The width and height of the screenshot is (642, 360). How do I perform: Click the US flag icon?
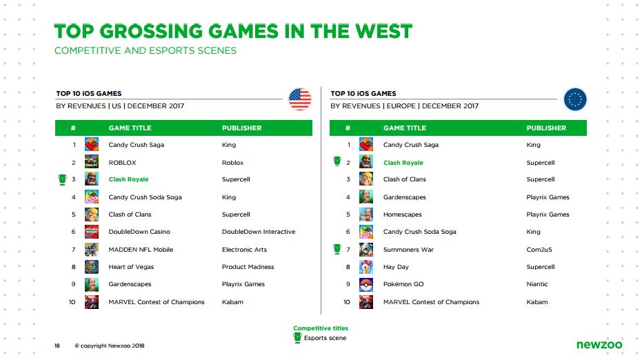[x=300, y=99]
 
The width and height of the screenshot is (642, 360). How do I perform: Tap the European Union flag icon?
[x=575, y=99]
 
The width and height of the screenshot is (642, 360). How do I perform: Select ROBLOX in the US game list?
[x=122, y=163]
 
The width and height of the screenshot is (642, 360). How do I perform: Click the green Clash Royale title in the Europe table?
[x=403, y=163]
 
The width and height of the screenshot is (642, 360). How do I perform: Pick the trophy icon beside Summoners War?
[x=337, y=248]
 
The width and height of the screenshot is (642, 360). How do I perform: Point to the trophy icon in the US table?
[x=62, y=179]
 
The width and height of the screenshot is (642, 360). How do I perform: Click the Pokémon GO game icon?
[x=366, y=284]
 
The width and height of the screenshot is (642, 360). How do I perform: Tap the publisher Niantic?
[x=536, y=284]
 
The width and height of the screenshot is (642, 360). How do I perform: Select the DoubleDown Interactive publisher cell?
[x=259, y=232]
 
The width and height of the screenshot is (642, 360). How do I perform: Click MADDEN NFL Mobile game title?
[x=141, y=250]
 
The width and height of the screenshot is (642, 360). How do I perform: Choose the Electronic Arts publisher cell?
[x=244, y=250]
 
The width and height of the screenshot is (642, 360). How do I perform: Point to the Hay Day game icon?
[x=366, y=267]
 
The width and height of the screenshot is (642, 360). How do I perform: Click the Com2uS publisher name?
[x=539, y=250]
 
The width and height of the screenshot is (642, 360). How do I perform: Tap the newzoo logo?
[x=599, y=344]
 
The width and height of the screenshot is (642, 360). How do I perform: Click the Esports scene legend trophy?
[x=298, y=337]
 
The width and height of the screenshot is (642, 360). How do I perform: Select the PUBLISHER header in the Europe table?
[x=546, y=128]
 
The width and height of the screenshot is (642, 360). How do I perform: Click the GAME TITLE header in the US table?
[x=130, y=128]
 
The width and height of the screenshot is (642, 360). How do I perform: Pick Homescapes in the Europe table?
[x=402, y=214]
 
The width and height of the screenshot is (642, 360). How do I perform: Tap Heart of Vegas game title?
[x=131, y=267]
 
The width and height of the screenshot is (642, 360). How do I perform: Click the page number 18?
[x=57, y=346]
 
